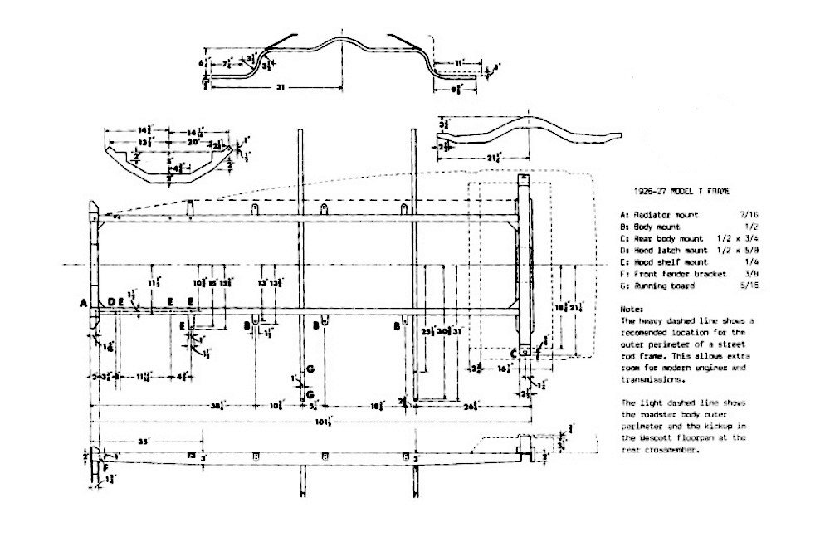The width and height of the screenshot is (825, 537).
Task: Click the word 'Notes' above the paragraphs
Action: [x=631, y=308]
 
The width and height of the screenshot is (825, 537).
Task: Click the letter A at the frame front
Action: [x=84, y=304]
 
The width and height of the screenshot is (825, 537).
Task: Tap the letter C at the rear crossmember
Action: [x=514, y=354]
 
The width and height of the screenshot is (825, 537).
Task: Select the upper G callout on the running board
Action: [x=310, y=367]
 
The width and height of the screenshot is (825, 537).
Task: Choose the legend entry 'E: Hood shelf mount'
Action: [x=661, y=261]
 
